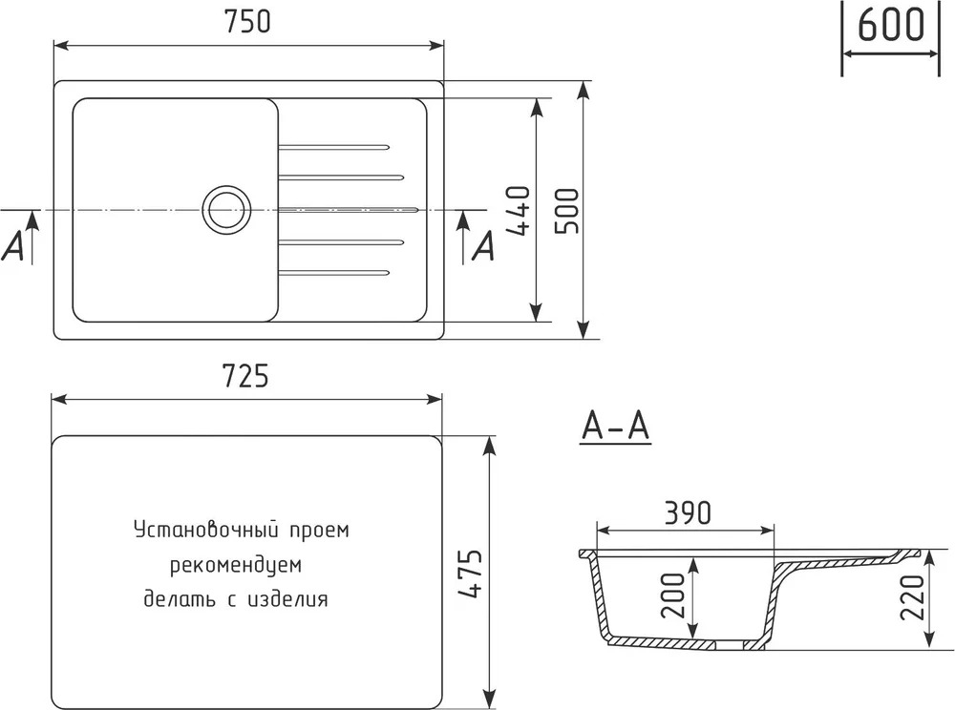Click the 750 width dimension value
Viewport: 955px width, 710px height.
tap(247, 22)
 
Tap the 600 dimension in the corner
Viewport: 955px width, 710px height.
tap(890, 25)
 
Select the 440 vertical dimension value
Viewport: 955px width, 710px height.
tap(519, 211)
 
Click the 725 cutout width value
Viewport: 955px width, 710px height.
tap(245, 376)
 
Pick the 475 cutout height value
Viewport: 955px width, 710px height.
tap(470, 574)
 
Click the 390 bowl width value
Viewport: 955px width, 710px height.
tap(688, 513)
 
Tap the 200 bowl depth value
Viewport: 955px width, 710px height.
tap(673, 595)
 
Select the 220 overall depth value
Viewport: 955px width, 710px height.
tap(912, 596)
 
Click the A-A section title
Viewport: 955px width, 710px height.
tap(616, 426)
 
